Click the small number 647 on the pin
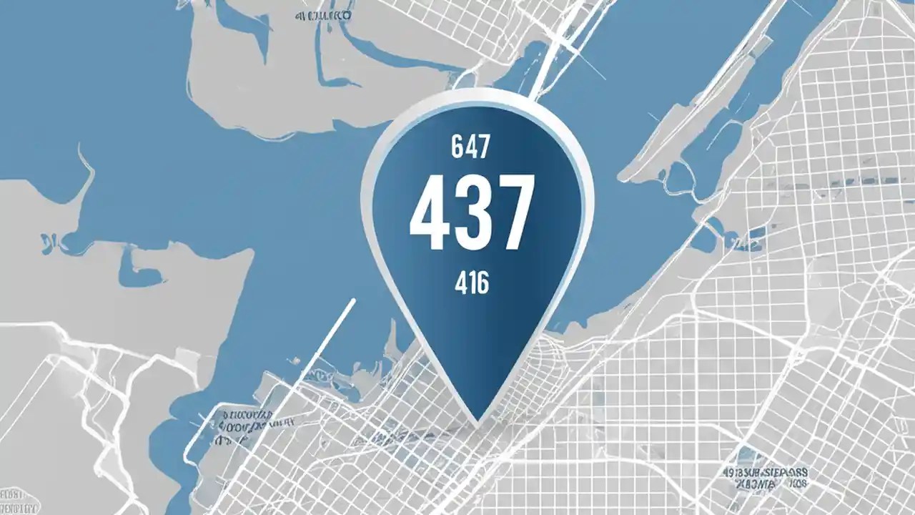pos(471,147)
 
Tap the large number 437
pos(472,212)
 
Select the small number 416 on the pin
pos(472,284)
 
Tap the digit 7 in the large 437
pos(513,212)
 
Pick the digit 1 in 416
pos(472,284)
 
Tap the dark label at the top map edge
pos(322,14)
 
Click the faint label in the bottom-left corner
pos(20,501)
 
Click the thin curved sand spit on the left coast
pos(86,172)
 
